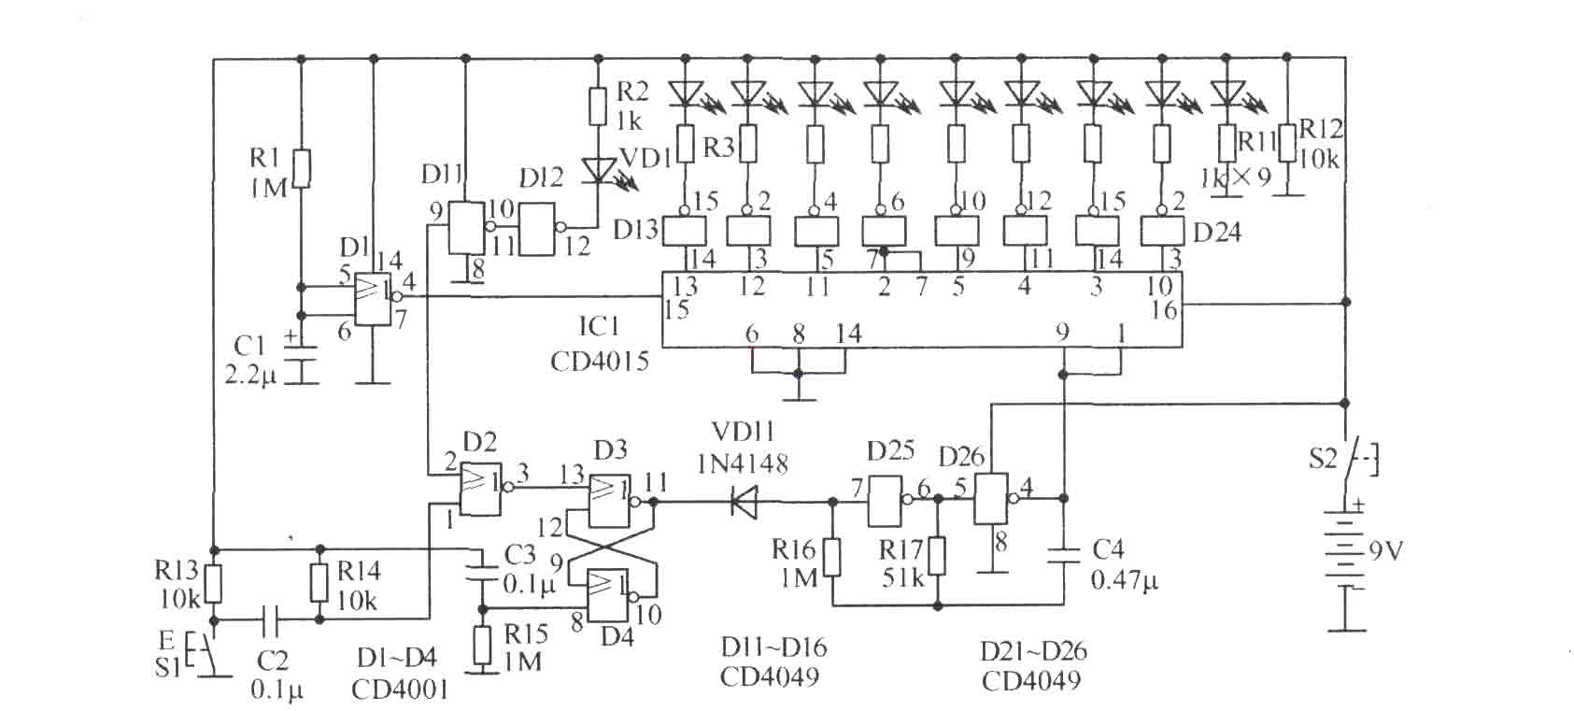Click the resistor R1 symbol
[x=302, y=168]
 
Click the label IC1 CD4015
[x=600, y=344]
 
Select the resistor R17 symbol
[x=937, y=557]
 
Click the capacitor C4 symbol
[x=1063, y=556]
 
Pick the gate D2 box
[x=480, y=489]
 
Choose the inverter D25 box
[x=885, y=501]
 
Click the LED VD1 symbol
[x=598, y=171]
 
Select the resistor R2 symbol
[x=597, y=107]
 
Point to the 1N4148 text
[x=743, y=463]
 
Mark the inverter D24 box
[x=1161, y=231]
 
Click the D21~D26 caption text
[x=1034, y=650]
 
